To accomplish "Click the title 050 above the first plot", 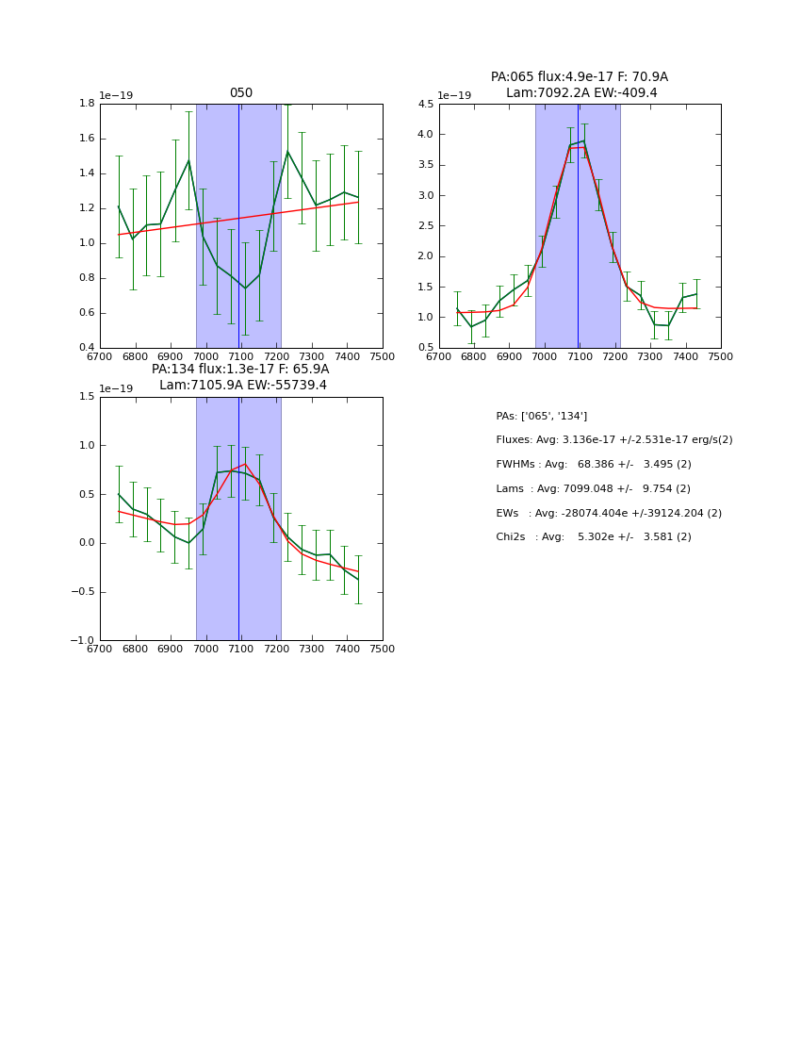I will point(241,93).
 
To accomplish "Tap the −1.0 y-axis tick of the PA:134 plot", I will point(83,641).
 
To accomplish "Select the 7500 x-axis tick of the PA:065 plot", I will point(721,357).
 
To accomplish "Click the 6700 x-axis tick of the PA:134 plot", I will point(100,650).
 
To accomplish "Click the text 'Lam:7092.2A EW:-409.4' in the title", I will point(581,93).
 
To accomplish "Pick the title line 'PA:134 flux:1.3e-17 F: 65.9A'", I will point(240,370).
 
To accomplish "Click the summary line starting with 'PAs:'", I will point(541,417).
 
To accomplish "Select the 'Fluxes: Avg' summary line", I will point(613,440).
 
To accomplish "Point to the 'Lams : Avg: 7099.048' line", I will point(593,489).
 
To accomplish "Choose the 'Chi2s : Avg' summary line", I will point(593,537).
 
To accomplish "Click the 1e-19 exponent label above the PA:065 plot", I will point(455,96).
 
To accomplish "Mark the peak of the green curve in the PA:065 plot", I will point(583,141).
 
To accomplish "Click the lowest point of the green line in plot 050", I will point(245,288).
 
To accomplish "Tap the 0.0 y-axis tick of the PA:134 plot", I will point(87,543).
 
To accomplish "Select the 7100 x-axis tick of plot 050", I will point(241,357).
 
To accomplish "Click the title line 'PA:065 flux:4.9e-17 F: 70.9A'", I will point(579,77).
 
